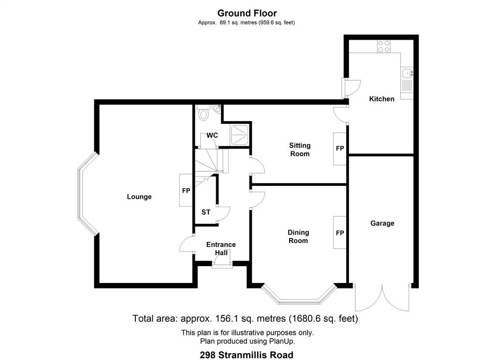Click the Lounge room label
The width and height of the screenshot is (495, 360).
pyautogui.click(x=139, y=197)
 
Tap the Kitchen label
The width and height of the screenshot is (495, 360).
pyautogui.click(x=382, y=99)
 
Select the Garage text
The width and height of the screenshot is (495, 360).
pyautogui.click(x=382, y=224)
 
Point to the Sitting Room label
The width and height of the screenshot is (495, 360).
pyautogui.click(x=300, y=150)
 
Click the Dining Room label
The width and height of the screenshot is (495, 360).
pyautogui.click(x=298, y=237)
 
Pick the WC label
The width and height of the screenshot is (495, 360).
pyautogui.click(x=212, y=135)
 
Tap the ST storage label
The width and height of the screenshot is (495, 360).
pyautogui.click(x=206, y=212)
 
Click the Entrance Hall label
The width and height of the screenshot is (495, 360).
pyautogui.click(x=221, y=248)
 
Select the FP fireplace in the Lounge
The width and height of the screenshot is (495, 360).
pyautogui.click(x=186, y=190)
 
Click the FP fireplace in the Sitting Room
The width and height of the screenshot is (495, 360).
pyautogui.click(x=340, y=149)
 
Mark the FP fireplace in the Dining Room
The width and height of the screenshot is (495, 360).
pyautogui.click(x=340, y=233)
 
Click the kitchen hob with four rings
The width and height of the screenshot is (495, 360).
pyautogui.click(x=384, y=46)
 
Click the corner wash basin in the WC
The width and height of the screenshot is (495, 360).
pyautogui.click(x=217, y=108)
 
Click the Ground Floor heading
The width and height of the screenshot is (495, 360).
pyautogui.click(x=247, y=13)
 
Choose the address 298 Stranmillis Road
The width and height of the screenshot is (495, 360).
pyautogui.click(x=247, y=355)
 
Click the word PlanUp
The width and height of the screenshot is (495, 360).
pyautogui.click(x=282, y=341)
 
